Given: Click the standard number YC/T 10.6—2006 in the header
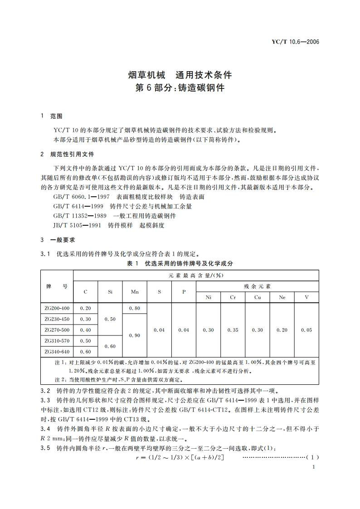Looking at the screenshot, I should (x=295, y=42).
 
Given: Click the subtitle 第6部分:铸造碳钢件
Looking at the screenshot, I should (x=180, y=88).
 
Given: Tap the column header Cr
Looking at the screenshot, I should (x=233, y=297).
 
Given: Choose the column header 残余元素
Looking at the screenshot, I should (x=257, y=286).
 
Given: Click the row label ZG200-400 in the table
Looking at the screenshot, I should (x=57, y=308).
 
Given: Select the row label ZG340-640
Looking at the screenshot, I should (x=57, y=352).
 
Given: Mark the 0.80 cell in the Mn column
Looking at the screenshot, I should (x=135, y=308).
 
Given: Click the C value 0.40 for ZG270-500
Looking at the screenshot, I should (x=85, y=330).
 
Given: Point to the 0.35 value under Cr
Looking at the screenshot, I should (x=233, y=330).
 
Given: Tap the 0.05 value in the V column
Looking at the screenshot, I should (x=306, y=330).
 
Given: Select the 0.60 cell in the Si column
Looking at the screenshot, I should (x=110, y=346).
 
